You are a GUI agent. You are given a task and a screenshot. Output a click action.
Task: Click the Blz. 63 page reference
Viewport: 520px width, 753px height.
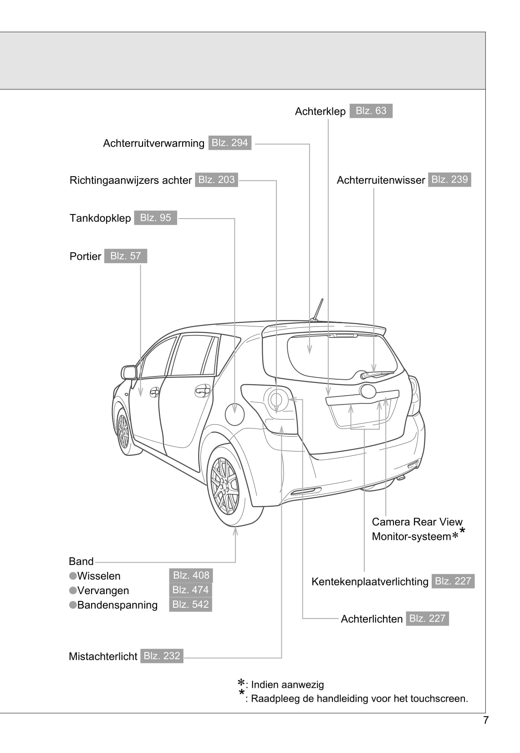371,111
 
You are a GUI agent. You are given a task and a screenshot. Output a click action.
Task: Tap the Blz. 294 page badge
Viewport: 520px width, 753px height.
230,143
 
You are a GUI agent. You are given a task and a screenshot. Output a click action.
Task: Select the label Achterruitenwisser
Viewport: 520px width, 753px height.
381,180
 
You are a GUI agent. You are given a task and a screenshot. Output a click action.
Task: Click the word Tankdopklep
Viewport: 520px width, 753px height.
100,218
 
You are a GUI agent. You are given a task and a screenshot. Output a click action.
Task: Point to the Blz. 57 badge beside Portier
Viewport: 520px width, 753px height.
126,256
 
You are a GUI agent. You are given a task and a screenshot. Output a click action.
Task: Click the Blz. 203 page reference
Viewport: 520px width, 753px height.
216,180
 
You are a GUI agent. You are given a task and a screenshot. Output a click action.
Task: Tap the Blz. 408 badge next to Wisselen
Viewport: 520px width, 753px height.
191,575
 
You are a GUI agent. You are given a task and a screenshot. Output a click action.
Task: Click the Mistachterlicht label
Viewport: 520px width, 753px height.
103,656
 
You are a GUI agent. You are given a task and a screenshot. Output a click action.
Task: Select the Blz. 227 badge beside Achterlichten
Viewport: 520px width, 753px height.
427,619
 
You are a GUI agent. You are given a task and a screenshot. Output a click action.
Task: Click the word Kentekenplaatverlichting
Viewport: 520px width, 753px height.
370,582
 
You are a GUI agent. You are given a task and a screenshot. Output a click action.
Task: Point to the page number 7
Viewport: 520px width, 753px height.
486,721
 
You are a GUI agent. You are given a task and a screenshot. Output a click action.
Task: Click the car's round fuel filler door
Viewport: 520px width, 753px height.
235,414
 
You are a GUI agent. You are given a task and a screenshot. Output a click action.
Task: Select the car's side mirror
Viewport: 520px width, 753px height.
129,372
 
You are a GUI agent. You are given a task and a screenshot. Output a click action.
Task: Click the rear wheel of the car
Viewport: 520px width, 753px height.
224,486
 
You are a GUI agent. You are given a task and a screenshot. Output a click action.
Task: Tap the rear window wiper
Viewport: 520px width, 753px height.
377,375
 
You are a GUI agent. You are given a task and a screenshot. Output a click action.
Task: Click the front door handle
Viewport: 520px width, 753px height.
154,392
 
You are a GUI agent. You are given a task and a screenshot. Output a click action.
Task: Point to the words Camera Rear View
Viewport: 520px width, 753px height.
417,522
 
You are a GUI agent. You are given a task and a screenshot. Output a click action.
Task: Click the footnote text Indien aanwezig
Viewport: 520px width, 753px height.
287,685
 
